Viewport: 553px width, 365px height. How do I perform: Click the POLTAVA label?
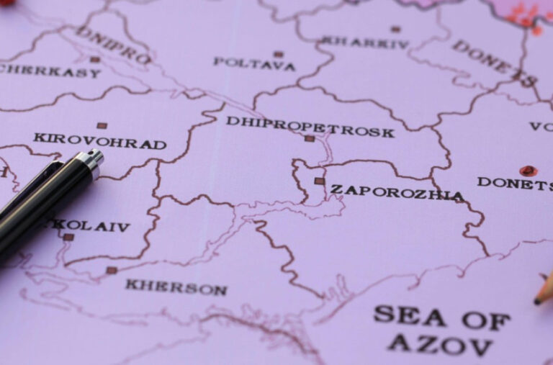tap(254, 65)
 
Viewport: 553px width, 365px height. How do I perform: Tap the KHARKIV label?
tap(365, 42)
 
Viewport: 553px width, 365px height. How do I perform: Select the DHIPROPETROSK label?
tap(310, 126)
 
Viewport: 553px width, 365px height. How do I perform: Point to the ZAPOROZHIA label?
tap(397, 192)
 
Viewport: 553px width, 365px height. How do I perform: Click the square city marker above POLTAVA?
tap(278, 54)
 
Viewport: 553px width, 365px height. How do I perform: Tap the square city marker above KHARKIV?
tap(395, 30)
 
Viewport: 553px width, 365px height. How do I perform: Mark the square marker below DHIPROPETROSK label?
tap(309, 138)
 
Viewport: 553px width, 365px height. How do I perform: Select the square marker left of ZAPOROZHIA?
tap(319, 181)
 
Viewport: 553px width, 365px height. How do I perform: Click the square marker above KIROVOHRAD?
tap(102, 125)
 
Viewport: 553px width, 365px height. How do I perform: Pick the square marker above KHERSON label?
tap(112, 271)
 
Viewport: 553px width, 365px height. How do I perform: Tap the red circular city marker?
tap(528, 171)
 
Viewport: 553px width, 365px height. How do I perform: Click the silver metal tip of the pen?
tap(89, 163)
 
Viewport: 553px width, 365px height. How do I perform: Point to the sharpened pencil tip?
tap(538, 300)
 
